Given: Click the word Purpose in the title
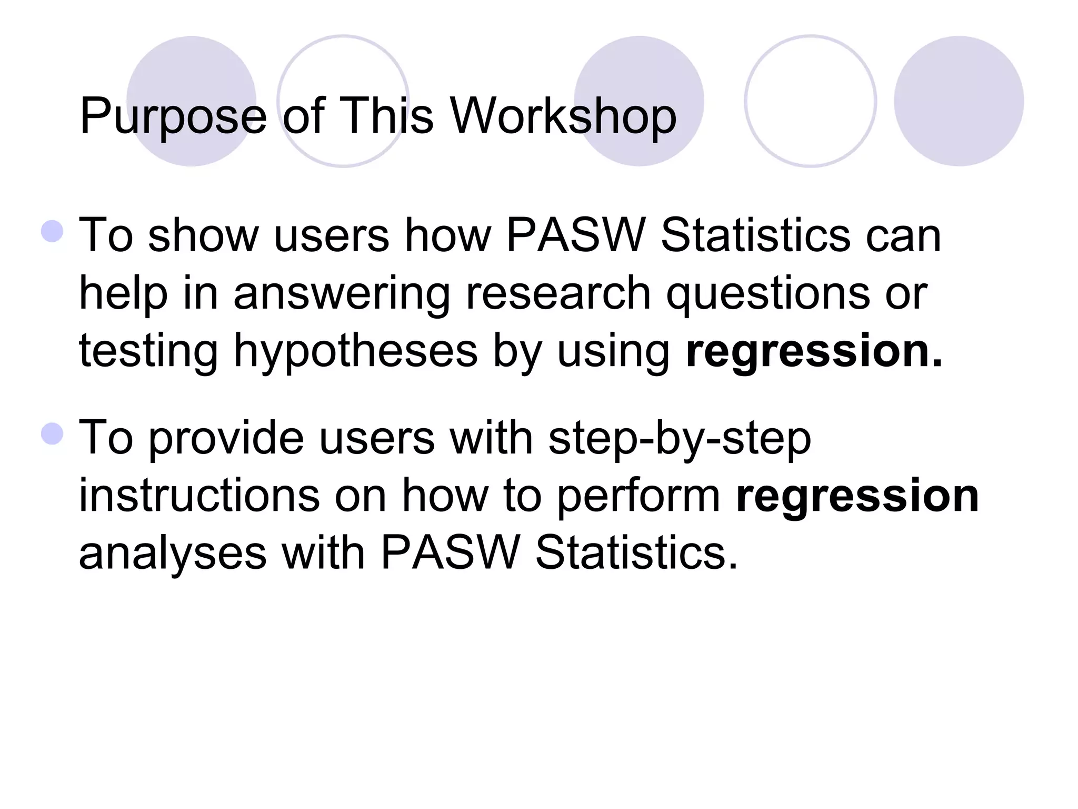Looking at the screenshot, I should pos(173,117).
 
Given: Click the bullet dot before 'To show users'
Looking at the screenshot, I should pos(52,231).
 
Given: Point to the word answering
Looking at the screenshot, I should pos(342,294).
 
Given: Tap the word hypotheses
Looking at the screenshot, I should pos(356,352).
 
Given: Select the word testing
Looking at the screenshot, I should pos(148,352).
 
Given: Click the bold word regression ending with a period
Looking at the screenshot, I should pos(814,352).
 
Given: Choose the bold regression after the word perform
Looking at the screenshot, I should pos(857,496).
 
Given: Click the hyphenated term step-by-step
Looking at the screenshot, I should pos(680,439).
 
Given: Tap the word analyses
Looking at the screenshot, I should pos(173,554).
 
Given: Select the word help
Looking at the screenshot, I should pos(123,294).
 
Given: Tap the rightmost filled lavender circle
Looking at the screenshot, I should pos(959,101).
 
